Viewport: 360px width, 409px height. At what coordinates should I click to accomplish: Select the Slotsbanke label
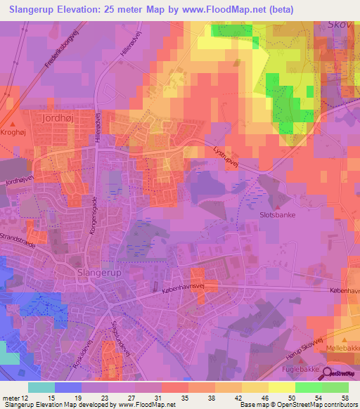click(x=277, y=215)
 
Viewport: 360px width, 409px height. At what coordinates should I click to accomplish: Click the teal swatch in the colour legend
click(x=41, y=387)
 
